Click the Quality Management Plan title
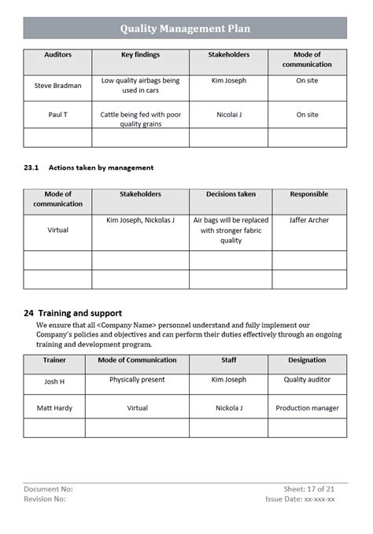coord(186,29)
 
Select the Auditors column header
coord(57,55)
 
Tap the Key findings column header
coord(141,55)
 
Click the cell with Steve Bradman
coord(57,86)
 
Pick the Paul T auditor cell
coord(57,115)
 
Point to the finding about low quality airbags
coord(141,86)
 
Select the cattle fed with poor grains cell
coord(141,120)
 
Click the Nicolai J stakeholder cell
coord(229,115)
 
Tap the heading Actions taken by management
coord(101,168)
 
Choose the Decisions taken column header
coord(231,194)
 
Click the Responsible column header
coord(308,194)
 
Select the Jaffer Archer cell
coord(308,220)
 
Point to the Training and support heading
coord(72,313)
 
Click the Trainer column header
coord(54,360)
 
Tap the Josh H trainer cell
coord(54,381)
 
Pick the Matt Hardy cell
coord(54,408)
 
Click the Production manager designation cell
coord(307,408)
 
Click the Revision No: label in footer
coord(45,499)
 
